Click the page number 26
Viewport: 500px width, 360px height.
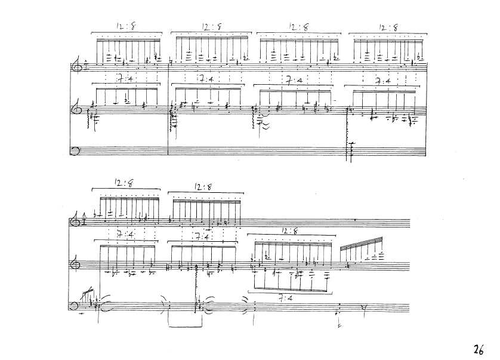pyautogui.click(x=479, y=349)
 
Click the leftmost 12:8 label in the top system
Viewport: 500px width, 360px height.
pyautogui.click(x=126, y=26)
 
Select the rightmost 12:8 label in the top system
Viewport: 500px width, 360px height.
pyautogui.click(x=388, y=27)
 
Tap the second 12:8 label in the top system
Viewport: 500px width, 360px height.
pyautogui.click(x=211, y=27)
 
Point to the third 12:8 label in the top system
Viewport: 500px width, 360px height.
pyautogui.click(x=298, y=27)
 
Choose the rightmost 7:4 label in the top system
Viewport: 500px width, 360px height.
pyautogui.click(x=382, y=81)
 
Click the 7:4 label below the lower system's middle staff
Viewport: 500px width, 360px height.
pyautogui.click(x=286, y=299)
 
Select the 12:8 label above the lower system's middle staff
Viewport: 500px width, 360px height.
pyautogui.click(x=289, y=230)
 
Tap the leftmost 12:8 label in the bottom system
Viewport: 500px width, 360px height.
pyautogui.click(x=124, y=183)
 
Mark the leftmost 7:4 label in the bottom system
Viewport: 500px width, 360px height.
pyautogui.click(x=125, y=235)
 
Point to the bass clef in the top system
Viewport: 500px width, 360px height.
pyautogui.click(x=75, y=150)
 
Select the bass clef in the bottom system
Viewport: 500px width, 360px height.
pyautogui.click(x=73, y=306)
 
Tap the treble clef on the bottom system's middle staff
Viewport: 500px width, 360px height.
pyautogui.click(x=75, y=264)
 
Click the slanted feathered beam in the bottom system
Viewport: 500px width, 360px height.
pyautogui.click(x=362, y=243)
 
